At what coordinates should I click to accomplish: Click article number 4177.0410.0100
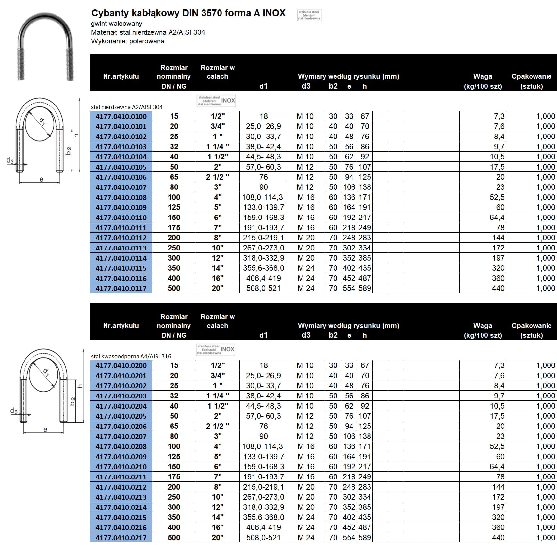point(121,116)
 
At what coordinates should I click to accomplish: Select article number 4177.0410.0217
point(121,537)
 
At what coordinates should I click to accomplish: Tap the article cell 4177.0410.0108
point(121,197)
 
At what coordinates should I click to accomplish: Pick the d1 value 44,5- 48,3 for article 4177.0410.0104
point(263,157)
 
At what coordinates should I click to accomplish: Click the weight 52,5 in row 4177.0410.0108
point(497,197)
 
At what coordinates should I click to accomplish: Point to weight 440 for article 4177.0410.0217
point(498,537)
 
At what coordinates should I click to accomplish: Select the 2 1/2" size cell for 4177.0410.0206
point(218,426)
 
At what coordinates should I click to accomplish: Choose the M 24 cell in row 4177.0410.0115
point(306,268)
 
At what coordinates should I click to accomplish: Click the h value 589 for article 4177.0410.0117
point(365,288)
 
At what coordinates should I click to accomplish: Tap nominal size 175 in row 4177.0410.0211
point(174,476)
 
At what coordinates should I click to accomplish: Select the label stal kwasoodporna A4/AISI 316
point(131,356)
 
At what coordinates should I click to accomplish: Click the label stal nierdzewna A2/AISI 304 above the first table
point(127,107)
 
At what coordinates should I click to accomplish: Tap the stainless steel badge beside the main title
point(309,15)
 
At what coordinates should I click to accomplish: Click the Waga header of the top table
point(483,76)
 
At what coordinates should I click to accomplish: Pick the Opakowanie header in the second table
point(531,326)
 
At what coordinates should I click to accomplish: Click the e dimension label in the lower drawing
point(45,429)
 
